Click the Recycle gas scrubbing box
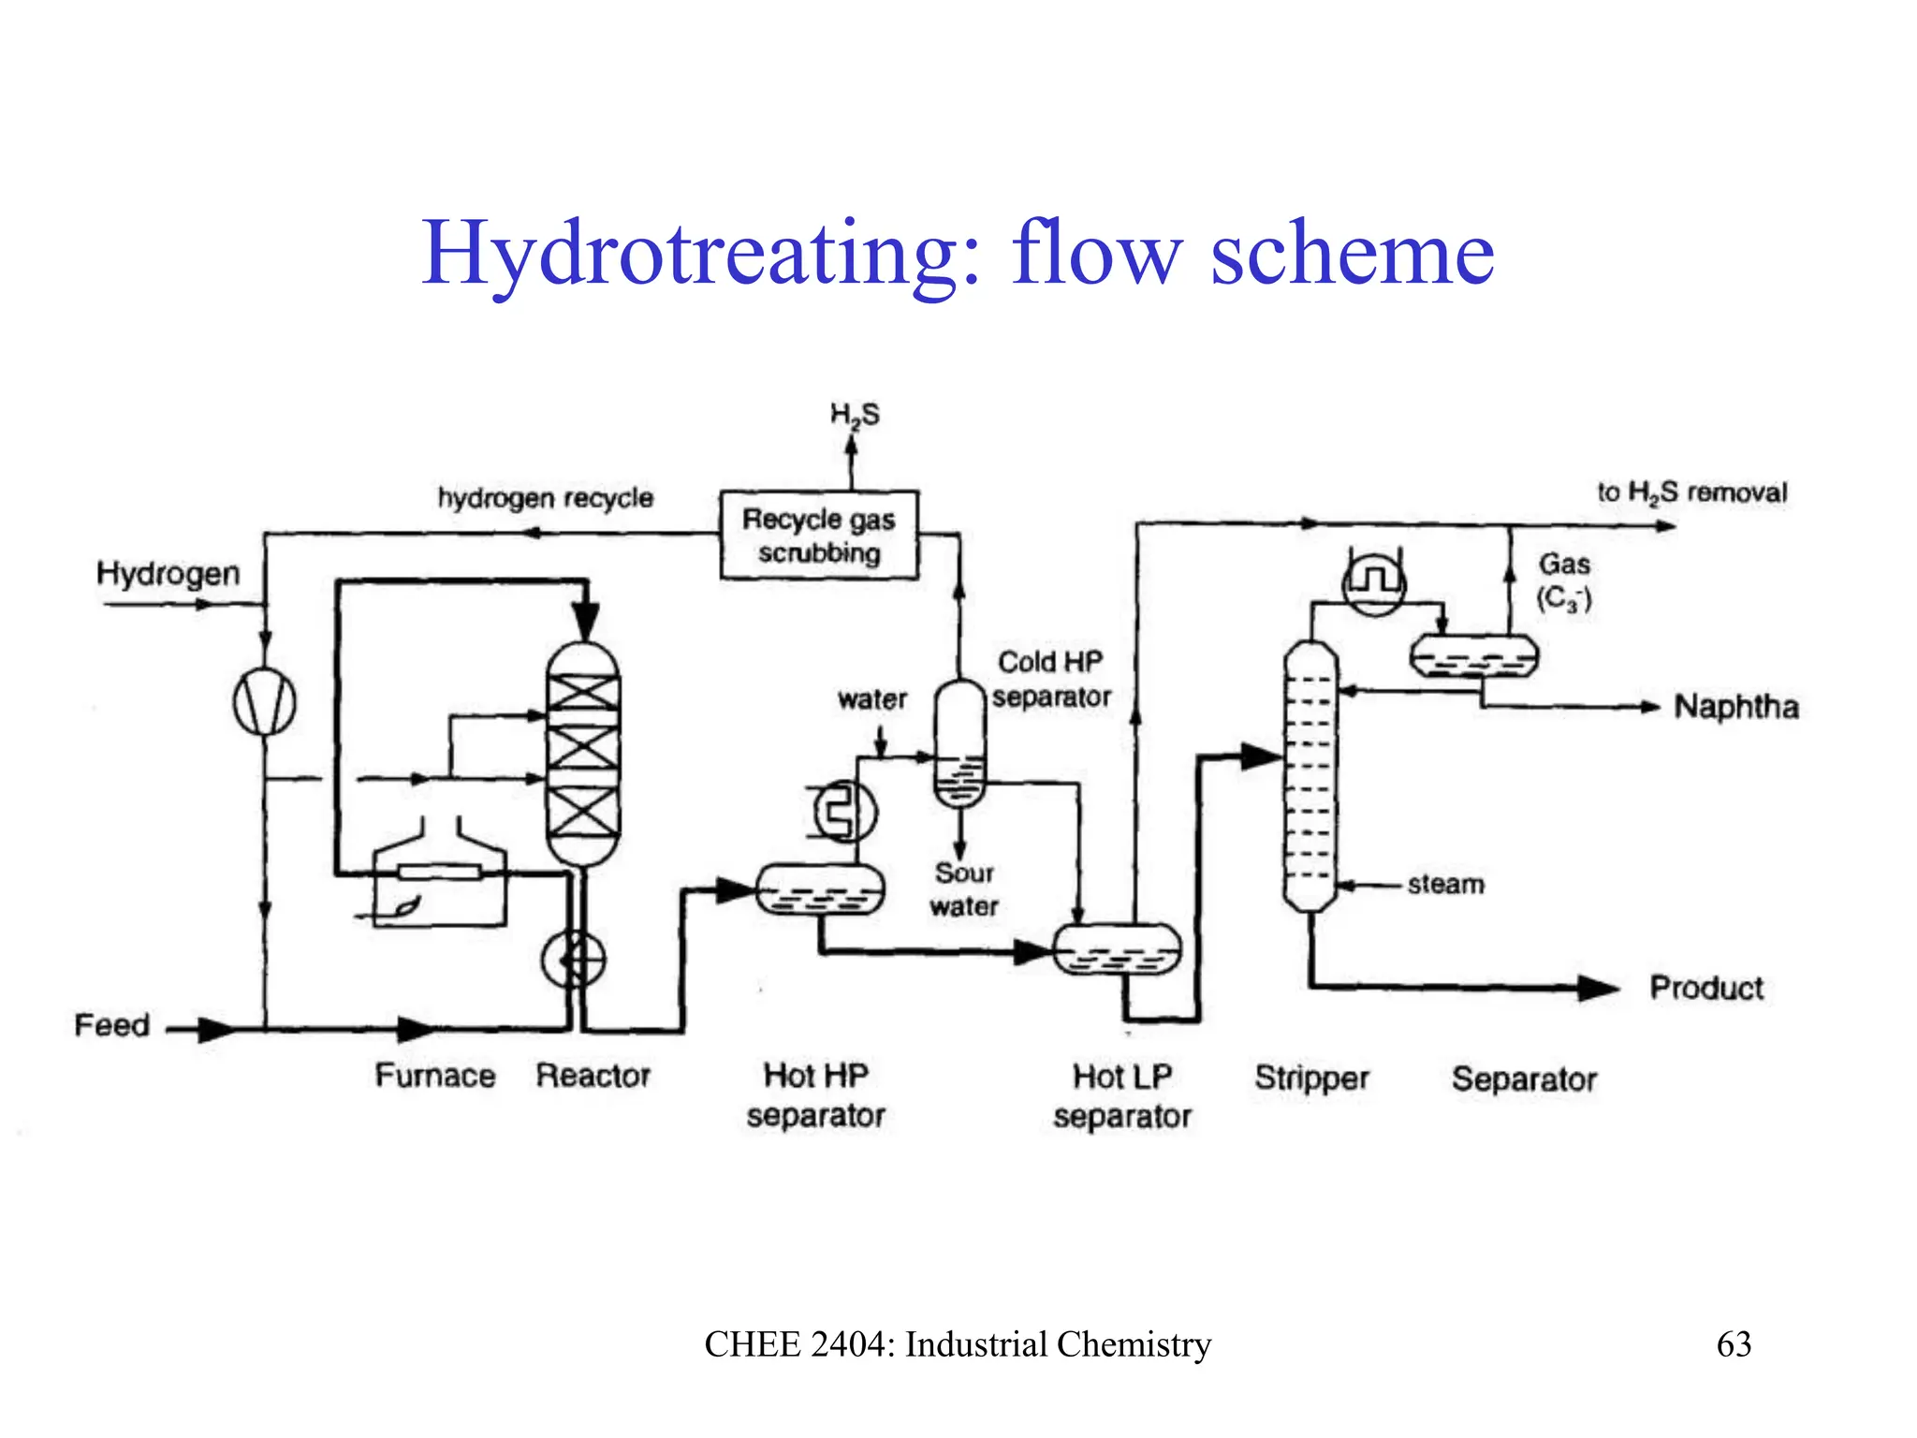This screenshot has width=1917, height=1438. pyautogui.click(x=818, y=535)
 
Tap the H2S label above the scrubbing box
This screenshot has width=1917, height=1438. pyautogui.click(x=855, y=415)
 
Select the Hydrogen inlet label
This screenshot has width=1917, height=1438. pyautogui.click(x=168, y=573)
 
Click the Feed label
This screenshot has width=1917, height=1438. pyautogui.click(x=111, y=1025)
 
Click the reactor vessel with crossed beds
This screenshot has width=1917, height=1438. pyautogui.click(x=582, y=754)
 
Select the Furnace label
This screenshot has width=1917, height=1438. pyautogui.click(x=435, y=1076)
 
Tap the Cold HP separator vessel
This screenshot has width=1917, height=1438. pyautogui.click(x=959, y=744)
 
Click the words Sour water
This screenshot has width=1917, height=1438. pyautogui.click(x=964, y=889)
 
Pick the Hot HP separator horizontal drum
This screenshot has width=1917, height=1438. pyautogui.click(x=820, y=888)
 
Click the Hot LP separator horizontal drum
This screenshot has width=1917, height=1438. pyautogui.click(x=1118, y=949)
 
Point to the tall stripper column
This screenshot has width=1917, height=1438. pyautogui.click(x=1310, y=775)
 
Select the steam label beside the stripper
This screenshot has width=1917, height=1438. pyautogui.click(x=1445, y=884)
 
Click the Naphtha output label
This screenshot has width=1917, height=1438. pyautogui.click(x=1736, y=707)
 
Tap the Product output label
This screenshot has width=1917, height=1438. pyautogui.click(x=1705, y=988)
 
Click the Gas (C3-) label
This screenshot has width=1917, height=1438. pyautogui.click(x=1564, y=580)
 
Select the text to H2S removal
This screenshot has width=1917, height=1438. pyautogui.click(x=1691, y=492)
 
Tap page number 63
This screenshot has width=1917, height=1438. pyautogui.click(x=1734, y=1344)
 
